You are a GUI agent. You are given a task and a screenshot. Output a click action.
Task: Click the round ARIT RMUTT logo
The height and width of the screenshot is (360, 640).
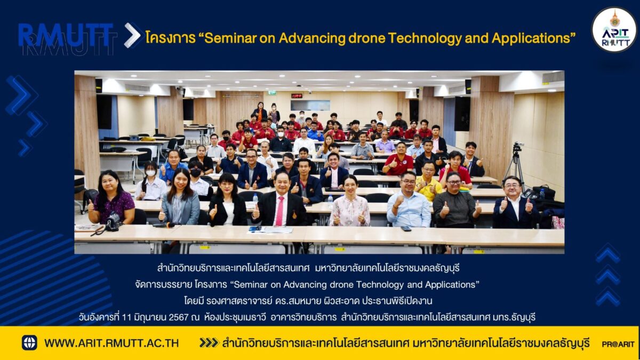tap(614, 29)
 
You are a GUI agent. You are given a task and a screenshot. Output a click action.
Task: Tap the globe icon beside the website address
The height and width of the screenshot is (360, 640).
tap(29, 342)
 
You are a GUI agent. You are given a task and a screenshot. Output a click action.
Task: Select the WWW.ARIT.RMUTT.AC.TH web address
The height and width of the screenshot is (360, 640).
tap(111, 343)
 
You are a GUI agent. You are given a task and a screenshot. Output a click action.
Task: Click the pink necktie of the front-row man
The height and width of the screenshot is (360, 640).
tap(279, 211)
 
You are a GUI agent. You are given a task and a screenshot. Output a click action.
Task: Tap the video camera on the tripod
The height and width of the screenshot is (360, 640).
tap(517, 147)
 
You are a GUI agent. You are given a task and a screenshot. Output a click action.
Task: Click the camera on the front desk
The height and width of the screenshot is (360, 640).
tap(113, 221)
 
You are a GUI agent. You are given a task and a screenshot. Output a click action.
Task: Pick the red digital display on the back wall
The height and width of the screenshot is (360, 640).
tap(297, 95)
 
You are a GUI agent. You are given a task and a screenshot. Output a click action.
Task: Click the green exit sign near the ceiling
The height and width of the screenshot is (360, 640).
tap(271, 93)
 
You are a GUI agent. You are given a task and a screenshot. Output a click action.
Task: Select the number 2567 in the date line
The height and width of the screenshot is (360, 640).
tap(179, 317)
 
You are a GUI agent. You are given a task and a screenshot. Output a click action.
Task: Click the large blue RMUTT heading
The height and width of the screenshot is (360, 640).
tap(66, 35)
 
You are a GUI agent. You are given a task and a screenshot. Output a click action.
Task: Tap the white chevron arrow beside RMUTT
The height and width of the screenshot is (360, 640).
tap(132, 35)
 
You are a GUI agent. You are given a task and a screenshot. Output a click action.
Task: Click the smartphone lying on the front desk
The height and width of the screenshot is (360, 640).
tap(406, 229)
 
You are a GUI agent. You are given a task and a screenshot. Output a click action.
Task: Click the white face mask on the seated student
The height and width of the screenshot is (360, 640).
tap(150, 173)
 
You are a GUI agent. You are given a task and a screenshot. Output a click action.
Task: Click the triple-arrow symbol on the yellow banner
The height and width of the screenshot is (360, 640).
tap(209, 342)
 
